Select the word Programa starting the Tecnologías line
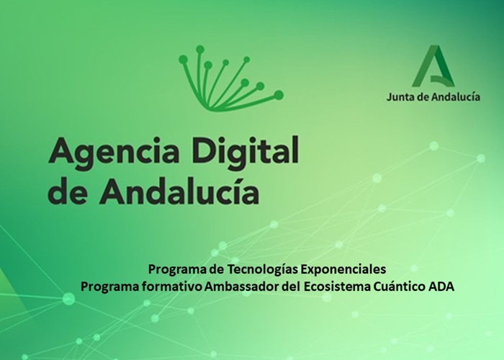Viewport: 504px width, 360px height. (x=172, y=269)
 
